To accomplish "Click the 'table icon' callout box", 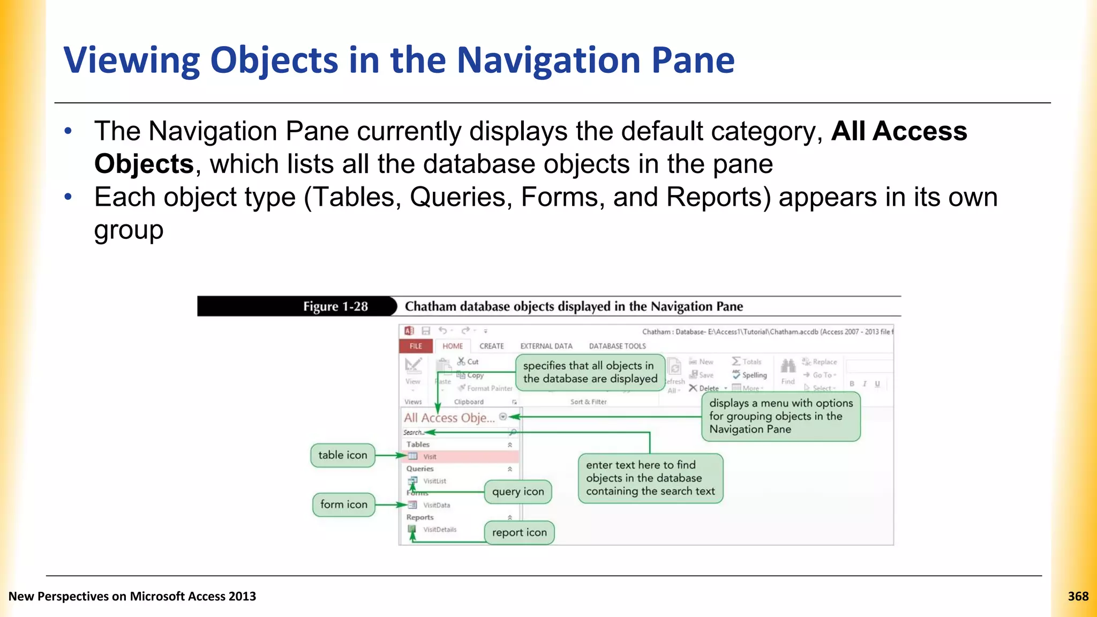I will click(343, 455).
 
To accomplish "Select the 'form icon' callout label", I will click(343, 505).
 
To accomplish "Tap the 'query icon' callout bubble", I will click(517, 492).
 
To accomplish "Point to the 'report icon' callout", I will click(519, 533).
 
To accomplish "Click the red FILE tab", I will click(416, 346).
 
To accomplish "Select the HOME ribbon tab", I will click(453, 346).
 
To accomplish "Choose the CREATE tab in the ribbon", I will click(491, 346).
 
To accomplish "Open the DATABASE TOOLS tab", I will click(617, 346).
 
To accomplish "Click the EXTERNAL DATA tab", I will click(546, 346).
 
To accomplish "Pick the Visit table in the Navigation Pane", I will click(430, 457).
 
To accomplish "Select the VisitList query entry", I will click(434, 481).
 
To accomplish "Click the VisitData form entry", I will click(437, 505).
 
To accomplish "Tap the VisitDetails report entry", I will click(440, 530).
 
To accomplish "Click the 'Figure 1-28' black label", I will click(335, 306).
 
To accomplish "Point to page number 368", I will click(1078, 596).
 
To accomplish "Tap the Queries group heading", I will click(420, 469).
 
